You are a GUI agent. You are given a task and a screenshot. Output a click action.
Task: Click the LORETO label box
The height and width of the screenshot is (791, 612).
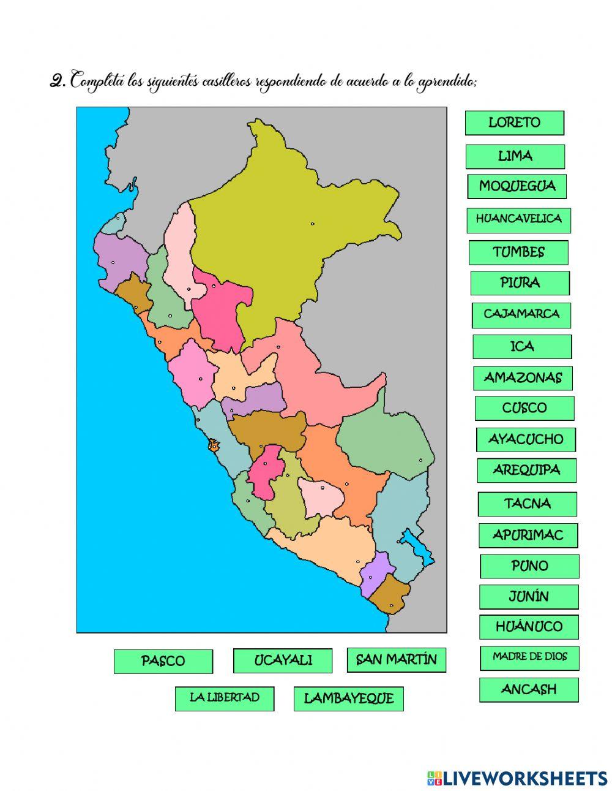pyautogui.click(x=514, y=123)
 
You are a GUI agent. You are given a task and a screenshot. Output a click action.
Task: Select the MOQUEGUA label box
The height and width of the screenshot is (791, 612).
pyautogui.click(x=517, y=186)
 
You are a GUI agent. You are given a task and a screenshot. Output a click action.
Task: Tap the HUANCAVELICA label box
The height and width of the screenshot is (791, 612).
pyautogui.click(x=518, y=219)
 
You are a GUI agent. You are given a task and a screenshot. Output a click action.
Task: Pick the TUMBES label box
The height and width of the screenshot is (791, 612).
pyautogui.click(x=518, y=252)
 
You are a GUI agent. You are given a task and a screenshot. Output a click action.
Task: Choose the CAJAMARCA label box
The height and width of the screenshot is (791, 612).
pyautogui.click(x=521, y=314)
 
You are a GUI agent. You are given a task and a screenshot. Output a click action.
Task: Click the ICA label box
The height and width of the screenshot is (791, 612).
pyautogui.click(x=522, y=347)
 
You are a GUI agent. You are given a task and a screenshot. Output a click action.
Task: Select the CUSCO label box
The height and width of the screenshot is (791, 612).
pyautogui.click(x=524, y=408)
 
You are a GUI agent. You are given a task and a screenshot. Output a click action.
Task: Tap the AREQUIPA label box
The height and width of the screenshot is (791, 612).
pyautogui.click(x=526, y=470)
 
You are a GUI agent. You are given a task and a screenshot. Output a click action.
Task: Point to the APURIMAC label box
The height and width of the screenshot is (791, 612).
pyautogui.click(x=528, y=535)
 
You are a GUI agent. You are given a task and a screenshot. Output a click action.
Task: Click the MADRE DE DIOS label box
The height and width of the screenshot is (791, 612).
pyautogui.click(x=529, y=657)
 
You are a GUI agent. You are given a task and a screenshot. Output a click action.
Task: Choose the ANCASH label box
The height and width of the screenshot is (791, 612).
pyautogui.click(x=529, y=689)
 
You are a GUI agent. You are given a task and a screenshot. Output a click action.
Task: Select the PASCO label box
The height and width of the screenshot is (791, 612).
pyautogui.click(x=163, y=661)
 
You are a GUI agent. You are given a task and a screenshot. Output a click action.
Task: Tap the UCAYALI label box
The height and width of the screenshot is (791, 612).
pyautogui.click(x=283, y=660)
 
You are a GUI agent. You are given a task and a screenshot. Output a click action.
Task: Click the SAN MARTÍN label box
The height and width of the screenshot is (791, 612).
pyautogui.click(x=397, y=660)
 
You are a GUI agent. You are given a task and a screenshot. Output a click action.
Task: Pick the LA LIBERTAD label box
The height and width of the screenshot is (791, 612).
pyautogui.click(x=225, y=698)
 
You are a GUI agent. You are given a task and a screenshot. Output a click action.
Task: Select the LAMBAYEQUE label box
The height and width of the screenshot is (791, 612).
pyautogui.click(x=348, y=698)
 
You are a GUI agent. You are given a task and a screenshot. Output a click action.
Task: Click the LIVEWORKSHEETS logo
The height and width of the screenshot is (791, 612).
pyautogui.click(x=517, y=778)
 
